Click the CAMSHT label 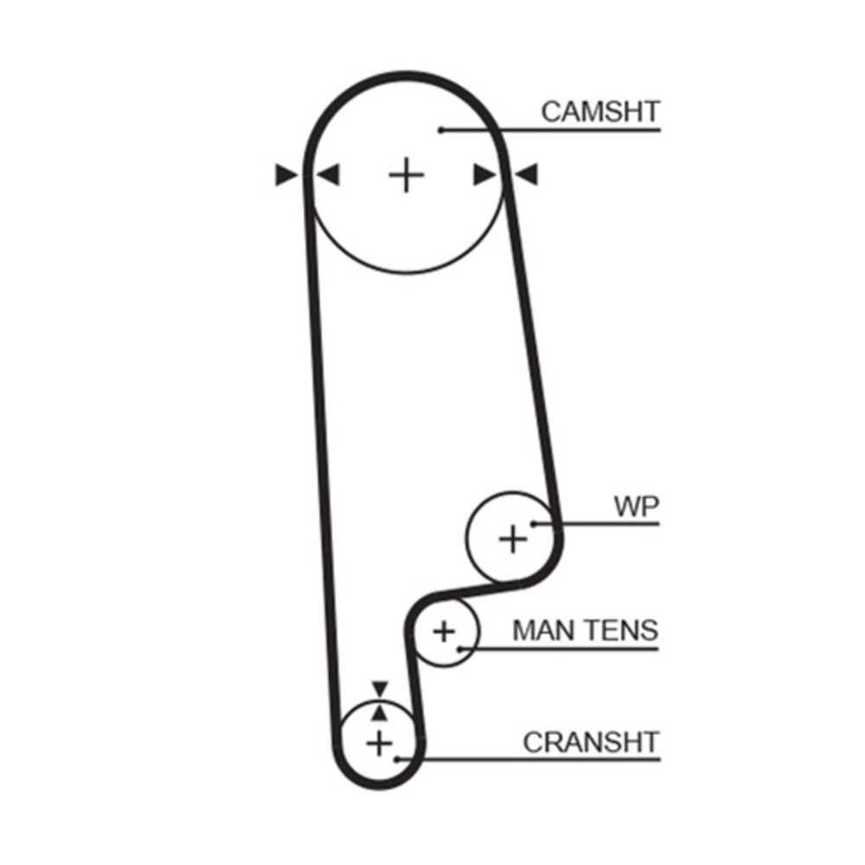coord(600,112)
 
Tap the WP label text coord(637,506)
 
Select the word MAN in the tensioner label coord(545,630)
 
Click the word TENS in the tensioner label coord(622,630)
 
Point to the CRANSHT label coord(591,742)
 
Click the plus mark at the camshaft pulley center coord(407,175)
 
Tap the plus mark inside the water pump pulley coord(513,539)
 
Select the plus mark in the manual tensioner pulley coord(444,631)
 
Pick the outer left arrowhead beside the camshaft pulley coord(286,175)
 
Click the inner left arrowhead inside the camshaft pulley coord(328,175)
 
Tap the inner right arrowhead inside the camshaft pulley coord(485,175)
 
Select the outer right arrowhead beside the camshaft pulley coord(526,175)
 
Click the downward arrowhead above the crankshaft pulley coord(380,689)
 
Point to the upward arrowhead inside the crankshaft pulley coord(380,713)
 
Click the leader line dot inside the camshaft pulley coord(441,131)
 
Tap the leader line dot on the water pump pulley coord(534,523)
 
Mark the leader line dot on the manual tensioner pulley coord(459,649)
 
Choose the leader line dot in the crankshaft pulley coord(397,759)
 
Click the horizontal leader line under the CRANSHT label coord(529,759)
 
